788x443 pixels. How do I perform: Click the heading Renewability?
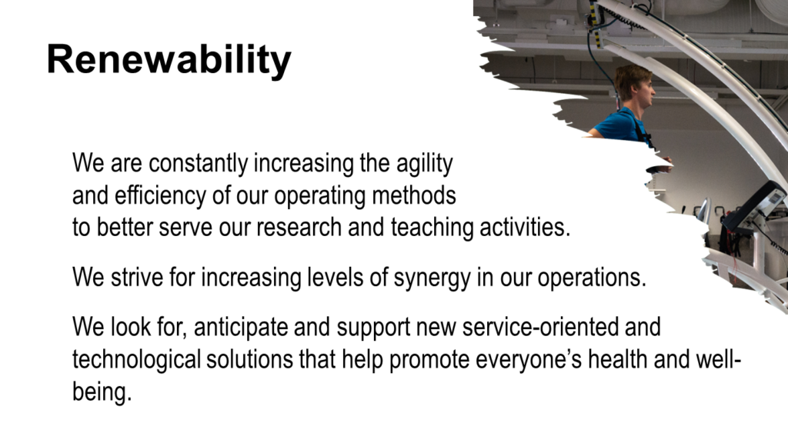[169, 60]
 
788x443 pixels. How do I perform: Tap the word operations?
[592, 278]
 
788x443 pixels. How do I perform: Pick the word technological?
[136, 360]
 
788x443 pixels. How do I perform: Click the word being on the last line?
[102, 391]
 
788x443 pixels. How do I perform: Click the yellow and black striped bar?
[596, 24]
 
